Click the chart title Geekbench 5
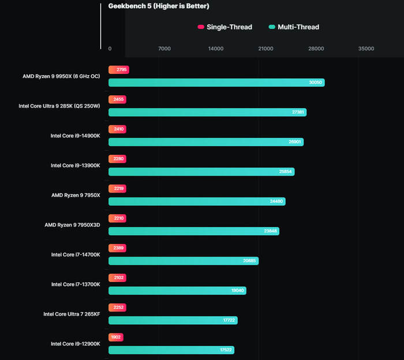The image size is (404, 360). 159,6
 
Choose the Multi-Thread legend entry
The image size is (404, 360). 294,27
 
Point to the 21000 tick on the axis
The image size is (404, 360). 265,49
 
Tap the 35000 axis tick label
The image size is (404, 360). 366,49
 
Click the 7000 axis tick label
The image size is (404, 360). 164,49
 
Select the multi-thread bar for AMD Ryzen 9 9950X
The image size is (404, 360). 216,83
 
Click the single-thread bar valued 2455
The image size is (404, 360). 117,99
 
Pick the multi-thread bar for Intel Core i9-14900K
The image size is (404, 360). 206,142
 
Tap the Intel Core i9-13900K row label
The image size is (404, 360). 76,165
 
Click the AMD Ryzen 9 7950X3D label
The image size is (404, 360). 72,225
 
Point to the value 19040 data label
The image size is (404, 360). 237,291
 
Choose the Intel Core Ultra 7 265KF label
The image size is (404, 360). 72,314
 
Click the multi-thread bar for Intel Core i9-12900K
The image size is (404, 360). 171,350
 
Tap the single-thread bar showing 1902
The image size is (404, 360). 115,337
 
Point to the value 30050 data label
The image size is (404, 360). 315,83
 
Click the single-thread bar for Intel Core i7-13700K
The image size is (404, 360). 117,277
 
